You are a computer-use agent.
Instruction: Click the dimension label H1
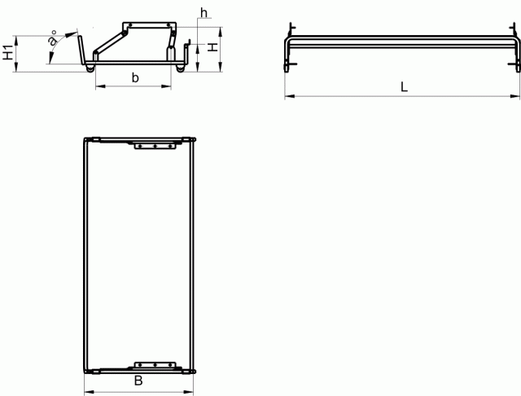[x=8, y=52]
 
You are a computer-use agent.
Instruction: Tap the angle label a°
[x=52, y=38]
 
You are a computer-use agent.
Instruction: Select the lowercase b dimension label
[x=135, y=77]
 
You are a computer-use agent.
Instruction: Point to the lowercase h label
[x=204, y=13]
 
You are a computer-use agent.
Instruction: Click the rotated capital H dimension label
[x=212, y=47]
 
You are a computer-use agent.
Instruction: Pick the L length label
[x=404, y=87]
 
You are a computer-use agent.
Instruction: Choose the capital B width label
[x=138, y=381]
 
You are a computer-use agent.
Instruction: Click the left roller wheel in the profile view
[x=90, y=68]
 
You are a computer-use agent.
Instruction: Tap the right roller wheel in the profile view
[x=180, y=68]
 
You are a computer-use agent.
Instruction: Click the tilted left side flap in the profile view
[x=81, y=49]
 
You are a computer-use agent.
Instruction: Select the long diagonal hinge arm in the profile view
[x=110, y=42]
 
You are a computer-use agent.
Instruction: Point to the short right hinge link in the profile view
[x=172, y=41]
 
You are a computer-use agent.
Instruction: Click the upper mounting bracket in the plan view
[x=155, y=146]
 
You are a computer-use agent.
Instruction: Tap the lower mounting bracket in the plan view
[x=155, y=365]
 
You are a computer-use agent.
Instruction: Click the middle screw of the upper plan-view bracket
[x=155, y=146]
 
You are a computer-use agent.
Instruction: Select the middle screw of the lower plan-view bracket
[x=155, y=365]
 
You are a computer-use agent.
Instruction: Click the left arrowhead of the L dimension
[x=290, y=96]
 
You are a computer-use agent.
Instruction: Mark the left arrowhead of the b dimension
[x=100, y=86]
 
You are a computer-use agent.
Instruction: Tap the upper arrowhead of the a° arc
[x=71, y=34]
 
